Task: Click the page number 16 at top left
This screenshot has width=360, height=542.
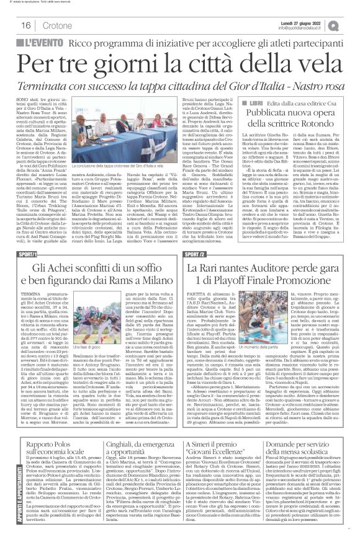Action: [x=25, y=25]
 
